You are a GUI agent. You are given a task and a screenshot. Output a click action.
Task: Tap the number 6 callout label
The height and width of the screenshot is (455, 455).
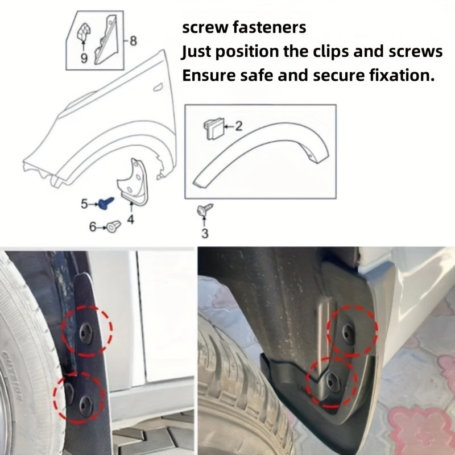pos(93,227)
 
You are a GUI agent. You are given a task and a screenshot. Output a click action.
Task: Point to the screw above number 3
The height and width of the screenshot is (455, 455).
pos(203,210)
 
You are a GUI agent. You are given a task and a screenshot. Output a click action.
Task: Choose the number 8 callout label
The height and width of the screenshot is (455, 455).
pos(133,40)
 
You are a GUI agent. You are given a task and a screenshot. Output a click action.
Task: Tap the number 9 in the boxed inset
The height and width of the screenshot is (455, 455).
pos(84,59)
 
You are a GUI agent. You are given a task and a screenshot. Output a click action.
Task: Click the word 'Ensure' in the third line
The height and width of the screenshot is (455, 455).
pos(208,76)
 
